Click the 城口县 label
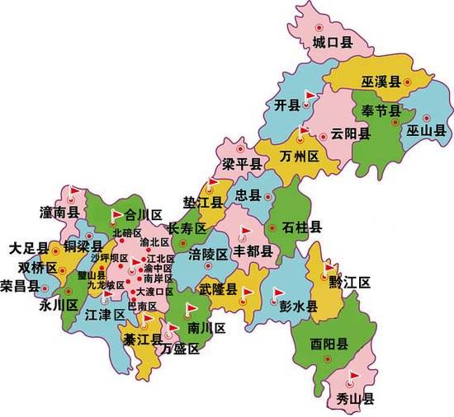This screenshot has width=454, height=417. (333, 41)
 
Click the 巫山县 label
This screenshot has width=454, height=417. (426, 130)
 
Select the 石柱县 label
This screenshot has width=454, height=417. (301, 227)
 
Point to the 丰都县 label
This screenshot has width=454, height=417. (253, 249)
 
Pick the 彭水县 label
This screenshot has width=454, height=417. (298, 307)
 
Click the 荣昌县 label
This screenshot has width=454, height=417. (20, 286)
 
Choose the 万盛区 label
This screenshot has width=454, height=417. (181, 349)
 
